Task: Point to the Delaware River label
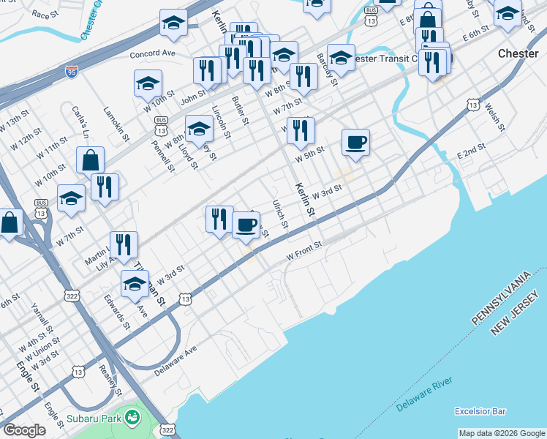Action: pyautogui.click(x=425, y=394)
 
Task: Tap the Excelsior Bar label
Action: pyautogui.click(x=480, y=410)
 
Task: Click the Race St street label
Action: pyautogui.click(x=45, y=14)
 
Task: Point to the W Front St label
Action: pyautogui.click(x=304, y=252)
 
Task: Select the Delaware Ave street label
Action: pyautogui.click(x=176, y=359)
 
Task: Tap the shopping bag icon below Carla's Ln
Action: pyautogui.click(x=90, y=159)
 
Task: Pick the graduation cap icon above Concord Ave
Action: pyautogui.click(x=173, y=22)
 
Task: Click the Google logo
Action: pyautogui.click(x=25, y=430)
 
